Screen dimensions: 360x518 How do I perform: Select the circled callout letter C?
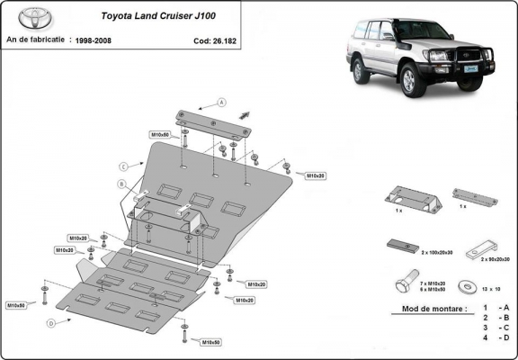point(122,165)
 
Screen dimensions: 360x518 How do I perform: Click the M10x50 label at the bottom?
point(212,343)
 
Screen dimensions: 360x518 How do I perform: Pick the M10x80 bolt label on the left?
point(15,306)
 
